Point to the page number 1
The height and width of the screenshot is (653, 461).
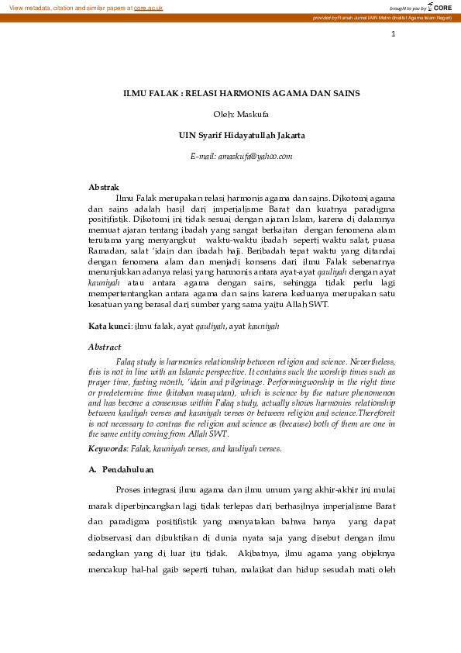pyautogui.click(x=394, y=33)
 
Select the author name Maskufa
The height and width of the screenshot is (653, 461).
pyautogui.click(x=251, y=114)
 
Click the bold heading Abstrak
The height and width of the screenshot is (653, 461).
pyautogui.click(x=104, y=188)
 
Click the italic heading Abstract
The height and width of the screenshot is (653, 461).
pyautogui.click(x=105, y=347)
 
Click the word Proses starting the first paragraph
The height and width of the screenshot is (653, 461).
pyautogui.click(x=129, y=490)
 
